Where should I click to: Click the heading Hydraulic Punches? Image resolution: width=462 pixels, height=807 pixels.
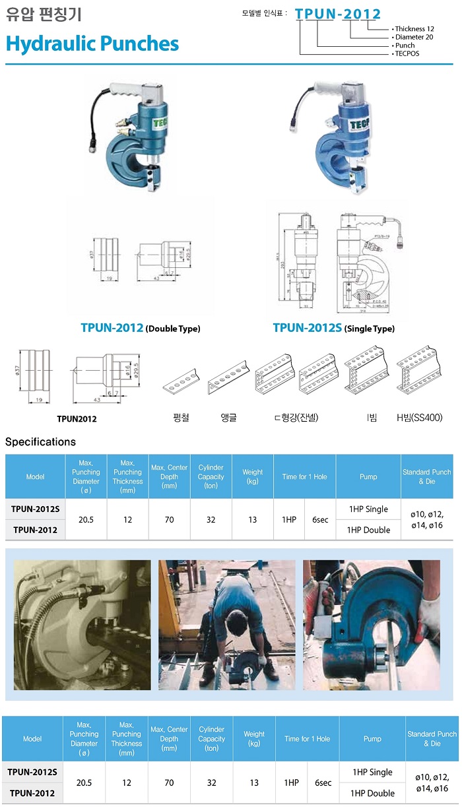92,44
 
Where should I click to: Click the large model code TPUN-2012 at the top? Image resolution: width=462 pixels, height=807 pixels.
338,14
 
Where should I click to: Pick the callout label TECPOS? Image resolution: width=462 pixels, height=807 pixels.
407,53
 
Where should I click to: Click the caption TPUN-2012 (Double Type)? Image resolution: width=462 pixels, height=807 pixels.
140,328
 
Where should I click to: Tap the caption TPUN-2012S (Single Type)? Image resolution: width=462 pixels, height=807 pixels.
333,328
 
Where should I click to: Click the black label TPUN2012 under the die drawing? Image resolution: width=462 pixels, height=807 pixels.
77,418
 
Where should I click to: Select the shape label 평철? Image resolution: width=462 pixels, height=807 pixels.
181,417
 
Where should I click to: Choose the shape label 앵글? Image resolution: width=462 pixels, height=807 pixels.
228,417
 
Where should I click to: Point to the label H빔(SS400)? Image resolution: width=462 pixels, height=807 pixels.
419,417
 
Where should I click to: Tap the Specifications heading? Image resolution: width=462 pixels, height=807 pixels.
40,441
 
